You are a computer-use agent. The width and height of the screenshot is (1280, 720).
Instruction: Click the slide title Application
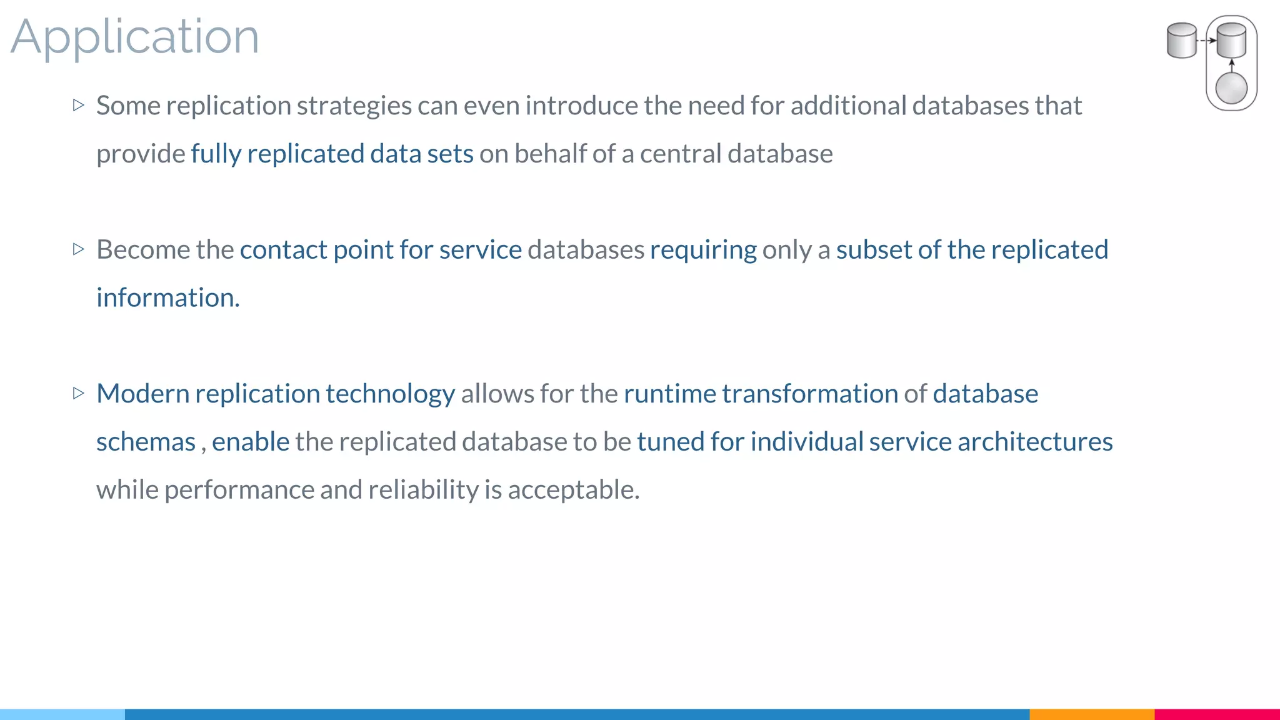(134, 37)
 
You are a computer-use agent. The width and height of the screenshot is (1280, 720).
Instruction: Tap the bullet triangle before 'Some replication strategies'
(78, 105)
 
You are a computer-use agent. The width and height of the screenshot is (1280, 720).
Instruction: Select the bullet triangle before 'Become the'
(78, 249)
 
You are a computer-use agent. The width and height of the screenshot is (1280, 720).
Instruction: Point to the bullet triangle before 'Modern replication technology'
(78, 393)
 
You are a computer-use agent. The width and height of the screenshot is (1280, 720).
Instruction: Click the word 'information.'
(168, 298)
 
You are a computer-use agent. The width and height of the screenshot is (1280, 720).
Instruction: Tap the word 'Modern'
(142, 394)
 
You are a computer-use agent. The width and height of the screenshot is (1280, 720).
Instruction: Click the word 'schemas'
(146, 442)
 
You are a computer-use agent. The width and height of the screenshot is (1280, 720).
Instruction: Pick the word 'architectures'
(1035, 442)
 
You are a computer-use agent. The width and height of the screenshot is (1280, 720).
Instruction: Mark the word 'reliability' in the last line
(423, 490)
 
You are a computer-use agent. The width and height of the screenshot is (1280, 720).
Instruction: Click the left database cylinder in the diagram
(1181, 41)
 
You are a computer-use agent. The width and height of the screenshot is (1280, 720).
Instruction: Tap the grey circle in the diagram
(1231, 88)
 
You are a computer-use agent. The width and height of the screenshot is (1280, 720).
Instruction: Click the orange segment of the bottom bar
(1091, 714)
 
